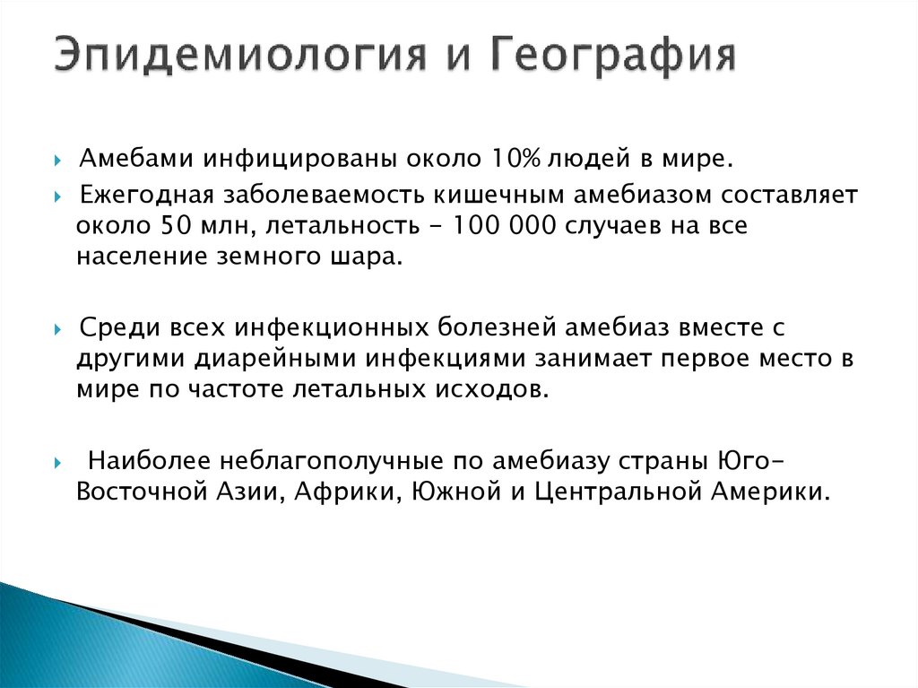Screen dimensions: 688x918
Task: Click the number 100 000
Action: point(493,226)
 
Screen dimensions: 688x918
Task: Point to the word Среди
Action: point(112,327)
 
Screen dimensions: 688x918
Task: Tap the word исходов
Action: point(493,388)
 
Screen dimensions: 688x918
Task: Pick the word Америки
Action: point(767,492)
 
